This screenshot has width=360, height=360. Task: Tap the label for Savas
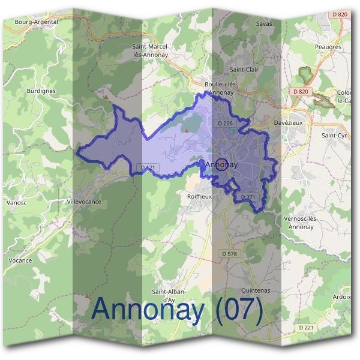point(264,24)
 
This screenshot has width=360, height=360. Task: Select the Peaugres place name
point(328,46)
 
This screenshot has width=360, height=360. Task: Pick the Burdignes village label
point(41,91)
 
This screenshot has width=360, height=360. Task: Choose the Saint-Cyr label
point(334,136)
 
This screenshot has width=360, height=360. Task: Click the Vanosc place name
point(16,203)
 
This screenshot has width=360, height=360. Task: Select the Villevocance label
point(84,202)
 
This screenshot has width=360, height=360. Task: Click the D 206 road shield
point(225,123)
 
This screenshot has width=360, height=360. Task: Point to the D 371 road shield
point(248,197)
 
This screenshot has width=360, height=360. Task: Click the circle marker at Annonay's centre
point(221,164)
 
